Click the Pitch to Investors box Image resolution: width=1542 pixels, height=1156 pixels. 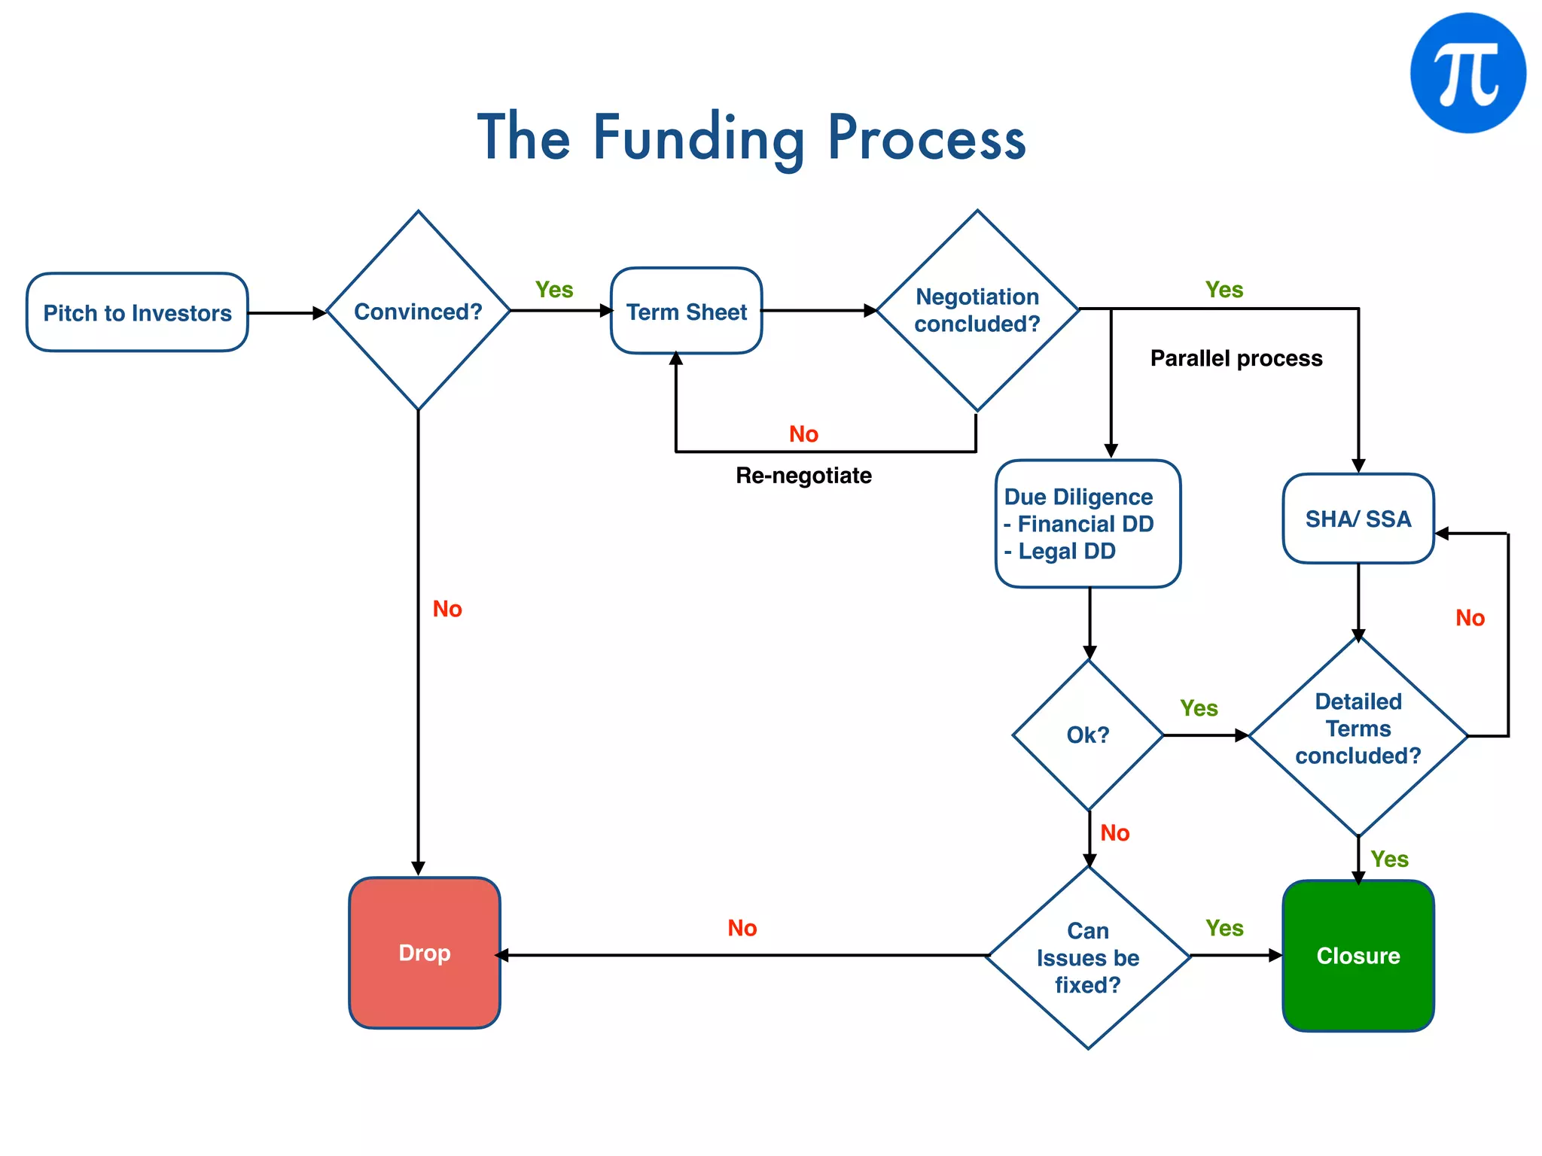(x=137, y=312)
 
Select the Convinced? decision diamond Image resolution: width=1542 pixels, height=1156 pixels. (x=418, y=311)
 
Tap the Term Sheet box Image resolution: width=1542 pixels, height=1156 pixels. (x=686, y=311)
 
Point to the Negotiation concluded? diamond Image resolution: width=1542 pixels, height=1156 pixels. (x=977, y=310)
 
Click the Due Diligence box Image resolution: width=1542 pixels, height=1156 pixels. (x=1087, y=524)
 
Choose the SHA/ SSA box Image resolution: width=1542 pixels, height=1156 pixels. (x=1358, y=519)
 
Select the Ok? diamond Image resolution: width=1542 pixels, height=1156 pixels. (x=1088, y=735)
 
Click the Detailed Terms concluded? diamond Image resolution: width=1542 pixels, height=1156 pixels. (x=1358, y=729)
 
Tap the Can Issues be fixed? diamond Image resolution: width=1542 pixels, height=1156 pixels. (x=1088, y=957)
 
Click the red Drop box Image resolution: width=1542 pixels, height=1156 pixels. (x=425, y=953)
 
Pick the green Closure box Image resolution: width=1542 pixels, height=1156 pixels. (x=1358, y=956)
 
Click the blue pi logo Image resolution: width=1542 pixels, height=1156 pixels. (x=1467, y=73)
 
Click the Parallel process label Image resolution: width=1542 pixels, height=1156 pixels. (x=1236, y=358)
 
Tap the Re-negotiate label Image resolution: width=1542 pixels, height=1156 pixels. (x=803, y=476)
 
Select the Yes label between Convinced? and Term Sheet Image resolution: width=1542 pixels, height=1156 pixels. (x=554, y=290)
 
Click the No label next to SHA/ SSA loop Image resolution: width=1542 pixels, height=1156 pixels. (x=1470, y=618)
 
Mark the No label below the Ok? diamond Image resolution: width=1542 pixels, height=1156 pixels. (x=1114, y=833)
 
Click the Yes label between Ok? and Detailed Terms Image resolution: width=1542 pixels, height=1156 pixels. (x=1199, y=708)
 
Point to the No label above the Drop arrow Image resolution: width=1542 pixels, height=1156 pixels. (x=742, y=928)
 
